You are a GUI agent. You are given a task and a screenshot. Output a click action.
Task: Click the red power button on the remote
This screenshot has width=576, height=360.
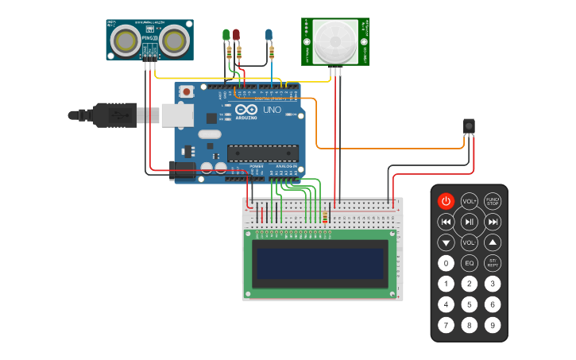pyautogui.click(x=446, y=202)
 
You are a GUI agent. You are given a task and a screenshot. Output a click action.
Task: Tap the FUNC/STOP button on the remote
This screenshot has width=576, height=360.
pyautogui.click(x=493, y=202)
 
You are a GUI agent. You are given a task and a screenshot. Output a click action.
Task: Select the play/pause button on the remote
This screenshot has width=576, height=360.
pyautogui.click(x=470, y=222)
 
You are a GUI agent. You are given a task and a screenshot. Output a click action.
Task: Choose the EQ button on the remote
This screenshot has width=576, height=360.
pyautogui.click(x=470, y=263)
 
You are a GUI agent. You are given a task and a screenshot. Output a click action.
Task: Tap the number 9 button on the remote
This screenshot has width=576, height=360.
pyautogui.click(x=493, y=324)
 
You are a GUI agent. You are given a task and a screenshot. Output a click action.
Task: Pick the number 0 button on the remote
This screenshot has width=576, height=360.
pyautogui.click(x=446, y=263)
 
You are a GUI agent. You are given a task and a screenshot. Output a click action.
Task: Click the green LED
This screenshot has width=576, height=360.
pyautogui.click(x=226, y=35)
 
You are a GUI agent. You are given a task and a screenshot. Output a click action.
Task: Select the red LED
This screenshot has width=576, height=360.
pyautogui.click(x=236, y=35)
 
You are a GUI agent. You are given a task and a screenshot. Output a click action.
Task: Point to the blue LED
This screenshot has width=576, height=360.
pyautogui.click(x=269, y=35)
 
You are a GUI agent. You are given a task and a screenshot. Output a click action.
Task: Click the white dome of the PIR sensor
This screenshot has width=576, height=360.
pyautogui.click(x=335, y=42)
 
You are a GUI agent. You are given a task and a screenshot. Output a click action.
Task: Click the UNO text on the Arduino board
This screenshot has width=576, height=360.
pyautogui.click(x=272, y=110)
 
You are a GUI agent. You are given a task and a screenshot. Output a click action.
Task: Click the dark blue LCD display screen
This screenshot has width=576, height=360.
pyautogui.click(x=319, y=264)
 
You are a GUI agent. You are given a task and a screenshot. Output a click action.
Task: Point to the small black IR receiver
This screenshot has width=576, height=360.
pyautogui.click(x=469, y=126)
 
